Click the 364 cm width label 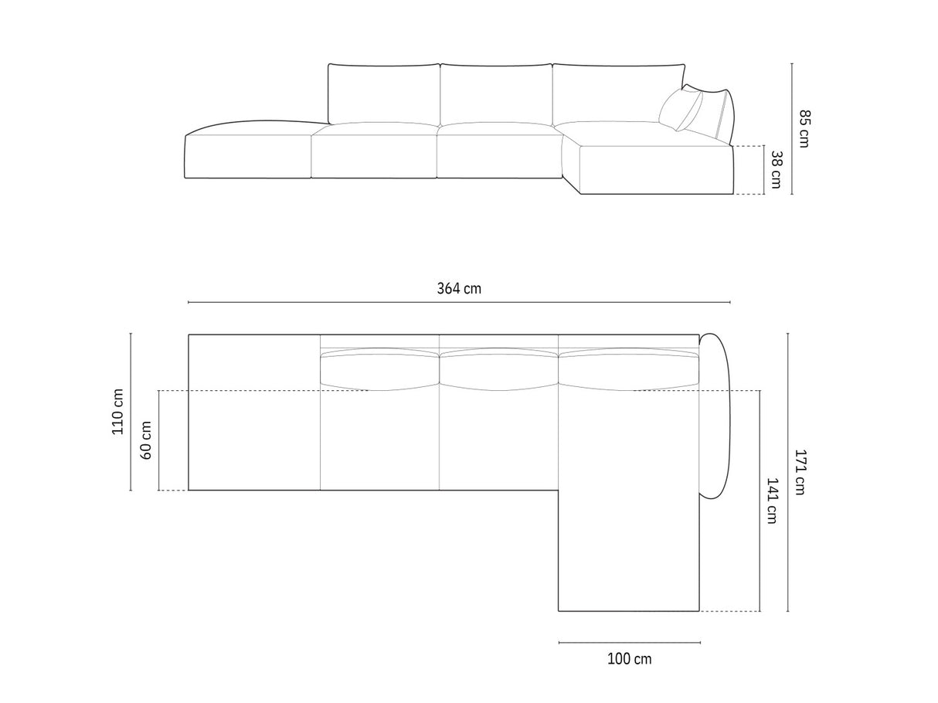click(x=459, y=289)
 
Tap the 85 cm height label click(x=804, y=128)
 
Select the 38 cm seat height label click(x=776, y=169)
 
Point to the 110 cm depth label click(x=117, y=411)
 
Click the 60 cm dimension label click(x=146, y=440)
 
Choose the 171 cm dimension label click(x=800, y=472)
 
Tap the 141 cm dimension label click(x=772, y=501)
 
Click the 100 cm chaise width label click(x=630, y=659)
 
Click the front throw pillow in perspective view click(x=680, y=110)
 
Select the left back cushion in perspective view click(x=384, y=94)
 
